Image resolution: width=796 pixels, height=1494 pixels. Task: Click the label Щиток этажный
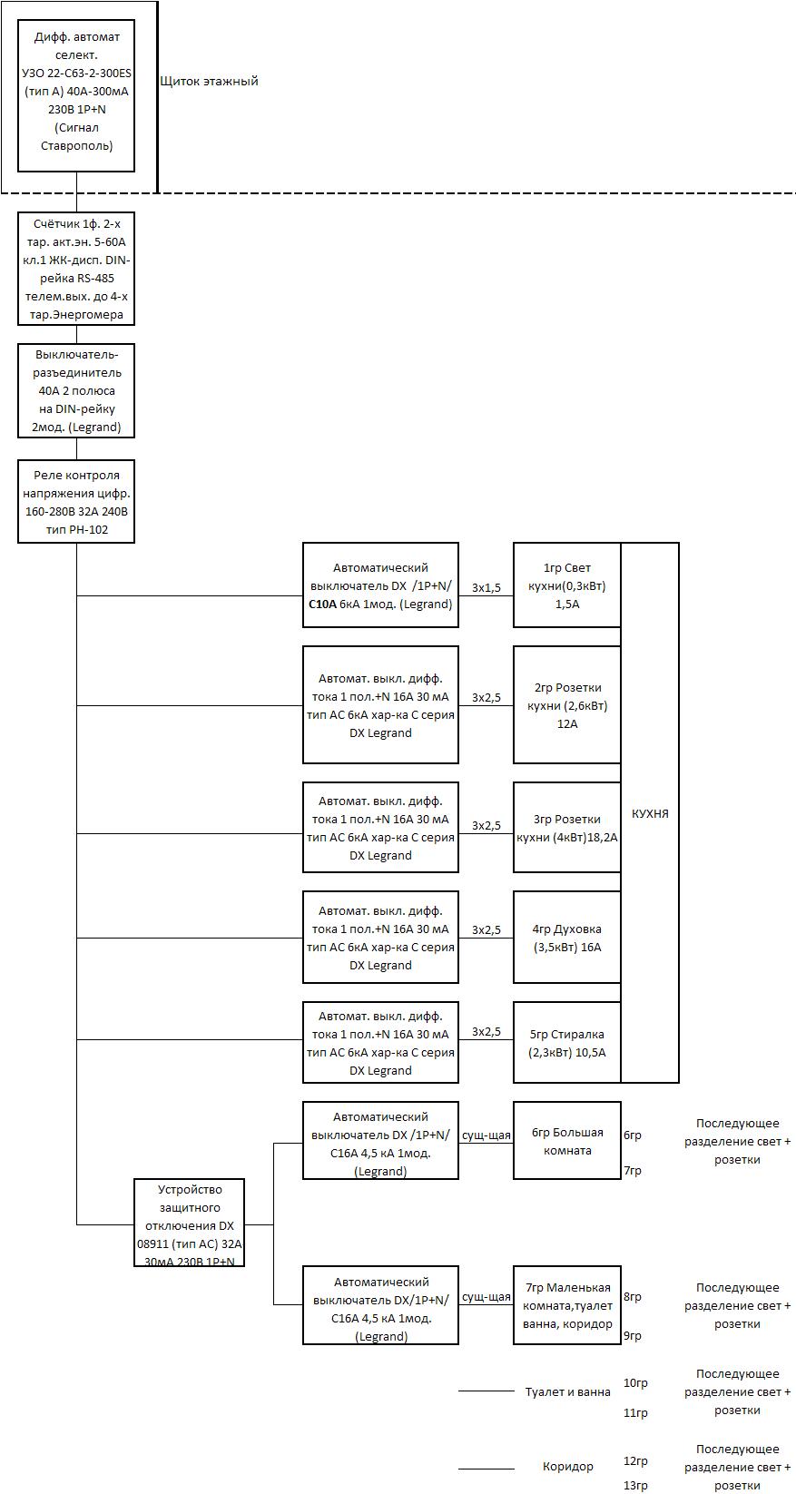[209, 82]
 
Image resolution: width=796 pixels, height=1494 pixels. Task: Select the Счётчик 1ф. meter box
[76, 269]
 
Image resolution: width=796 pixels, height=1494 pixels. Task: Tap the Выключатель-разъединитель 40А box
[76, 391]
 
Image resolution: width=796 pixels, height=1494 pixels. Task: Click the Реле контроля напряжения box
[76, 501]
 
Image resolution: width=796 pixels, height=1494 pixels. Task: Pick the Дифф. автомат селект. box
[76, 95]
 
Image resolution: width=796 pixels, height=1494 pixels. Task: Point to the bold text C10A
[321, 604]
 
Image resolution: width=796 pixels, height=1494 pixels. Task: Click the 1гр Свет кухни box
[567, 585]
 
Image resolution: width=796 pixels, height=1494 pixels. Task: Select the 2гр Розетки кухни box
[567, 704]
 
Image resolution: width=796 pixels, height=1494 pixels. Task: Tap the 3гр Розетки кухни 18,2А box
[567, 827]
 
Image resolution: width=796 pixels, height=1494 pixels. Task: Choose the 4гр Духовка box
[567, 937]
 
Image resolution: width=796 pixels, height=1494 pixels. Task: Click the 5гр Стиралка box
[567, 1043]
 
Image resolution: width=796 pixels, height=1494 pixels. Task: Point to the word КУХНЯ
[650, 813]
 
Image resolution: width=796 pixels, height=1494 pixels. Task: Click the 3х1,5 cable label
[486, 587]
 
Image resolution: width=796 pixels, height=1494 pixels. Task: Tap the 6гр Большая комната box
[567, 1141]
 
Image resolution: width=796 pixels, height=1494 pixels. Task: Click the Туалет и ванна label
[568, 1392]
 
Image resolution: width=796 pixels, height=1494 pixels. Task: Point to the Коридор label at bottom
[568, 1467]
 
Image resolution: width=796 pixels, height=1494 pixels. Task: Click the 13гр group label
[635, 1485]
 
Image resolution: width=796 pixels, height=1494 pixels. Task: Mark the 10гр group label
[635, 1382]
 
